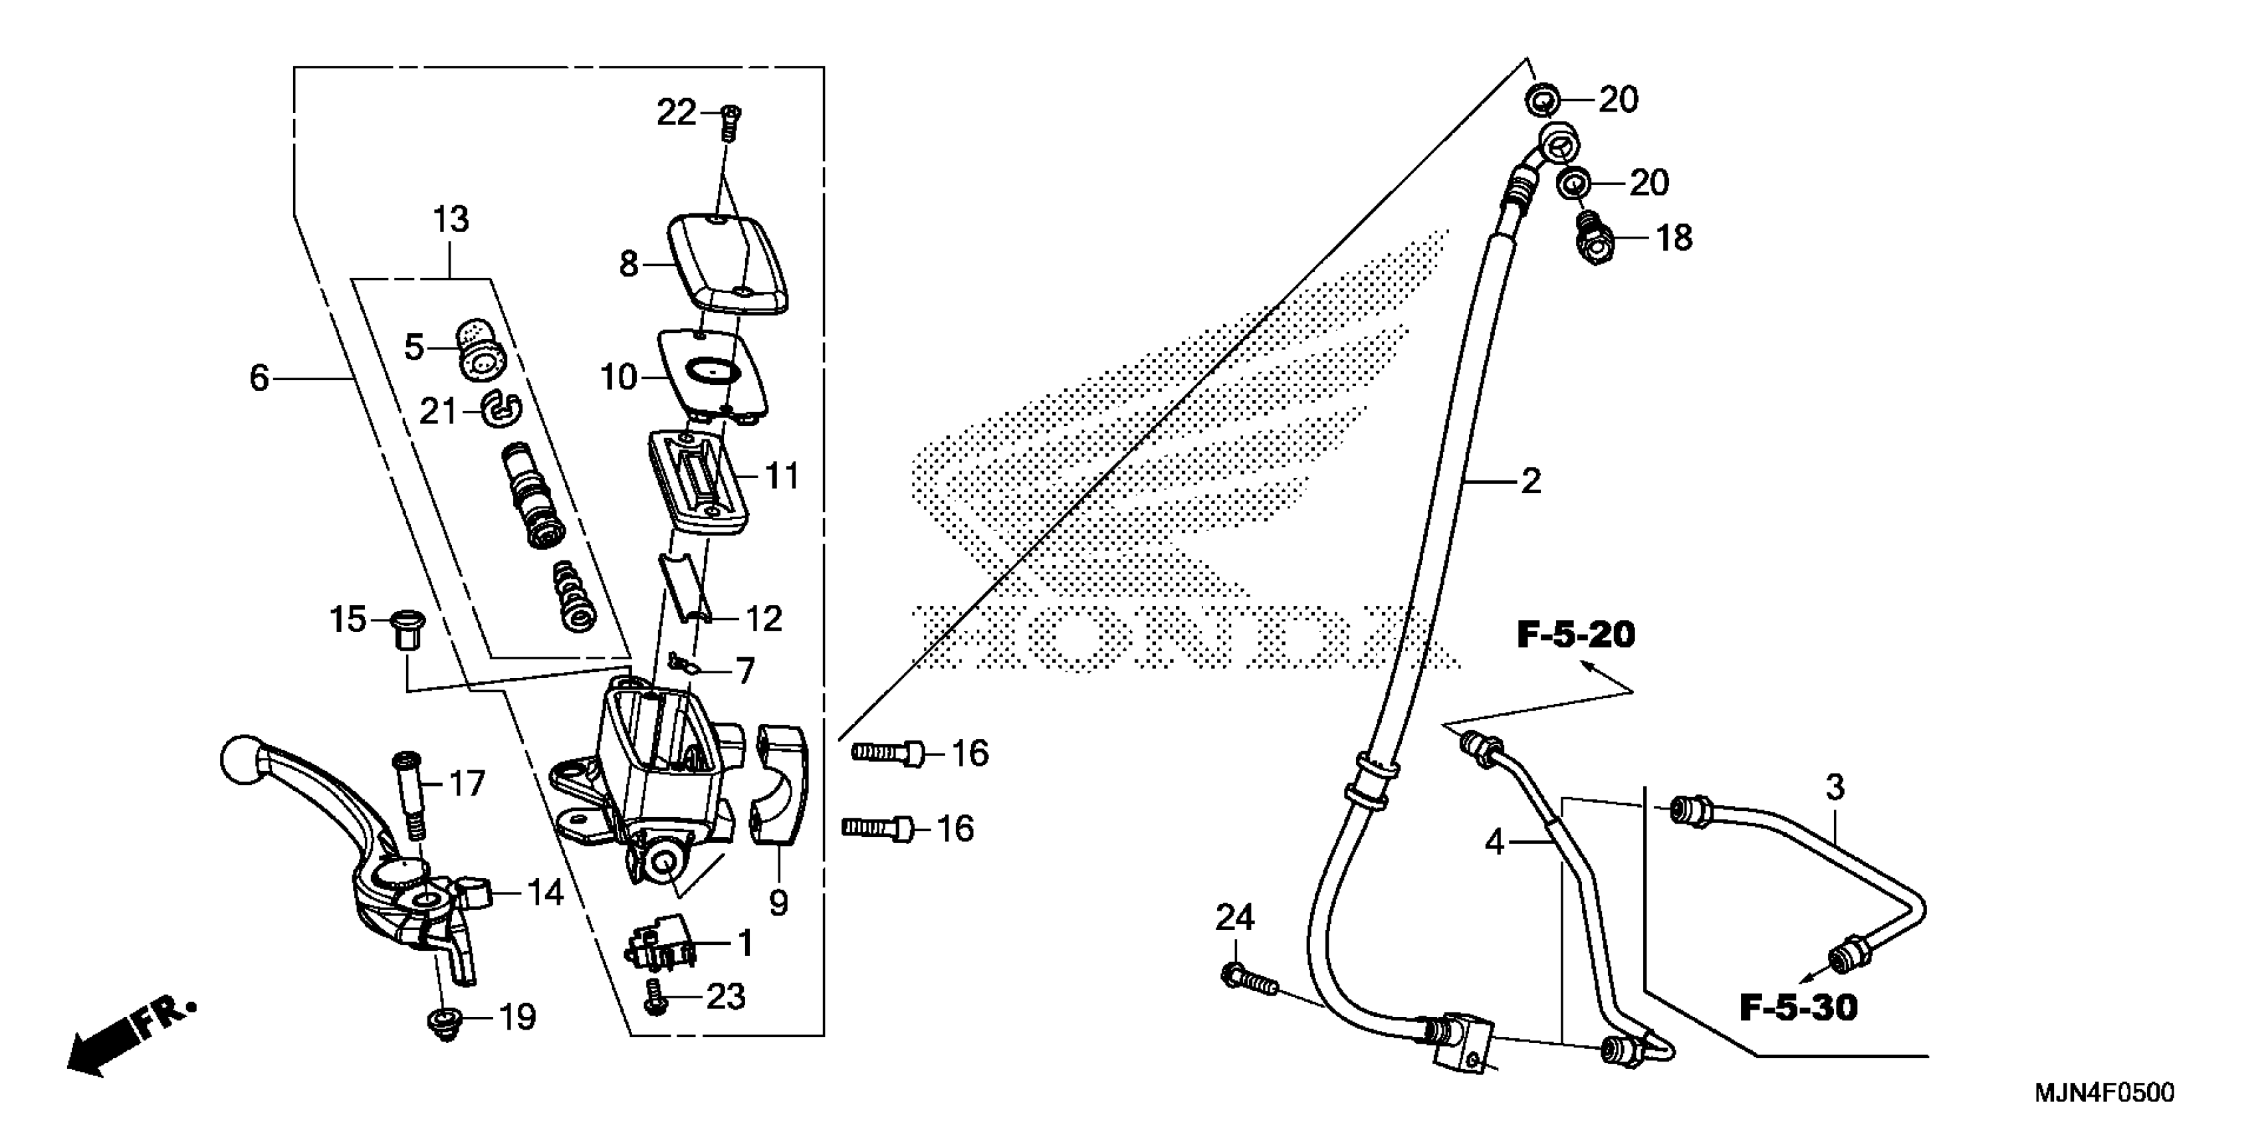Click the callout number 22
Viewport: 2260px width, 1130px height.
point(677,112)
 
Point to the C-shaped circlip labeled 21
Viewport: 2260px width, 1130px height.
point(502,408)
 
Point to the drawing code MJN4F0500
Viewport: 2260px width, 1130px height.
point(2103,1093)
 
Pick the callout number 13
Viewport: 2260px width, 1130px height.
point(451,219)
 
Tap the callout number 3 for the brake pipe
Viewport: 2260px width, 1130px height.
point(1835,788)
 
